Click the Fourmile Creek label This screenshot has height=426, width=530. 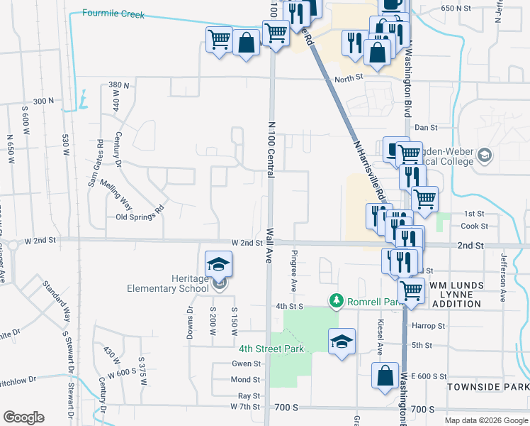click(x=113, y=13)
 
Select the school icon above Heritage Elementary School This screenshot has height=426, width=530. click(x=219, y=265)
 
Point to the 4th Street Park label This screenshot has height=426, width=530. click(x=271, y=349)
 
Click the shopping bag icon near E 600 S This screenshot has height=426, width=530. click(x=385, y=376)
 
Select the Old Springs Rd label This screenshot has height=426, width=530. click(x=140, y=209)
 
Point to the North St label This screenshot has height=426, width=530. click(x=349, y=79)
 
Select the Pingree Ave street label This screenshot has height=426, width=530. click(x=293, y=270)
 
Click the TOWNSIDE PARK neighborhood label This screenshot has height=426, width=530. click(x=487, y=387)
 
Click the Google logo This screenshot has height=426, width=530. click(x=23, y=417)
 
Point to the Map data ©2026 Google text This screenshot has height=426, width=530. click(x=486, y=420)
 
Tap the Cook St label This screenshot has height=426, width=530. click(x=474, y=226)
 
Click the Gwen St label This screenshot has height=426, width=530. click(x=246, y=364)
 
